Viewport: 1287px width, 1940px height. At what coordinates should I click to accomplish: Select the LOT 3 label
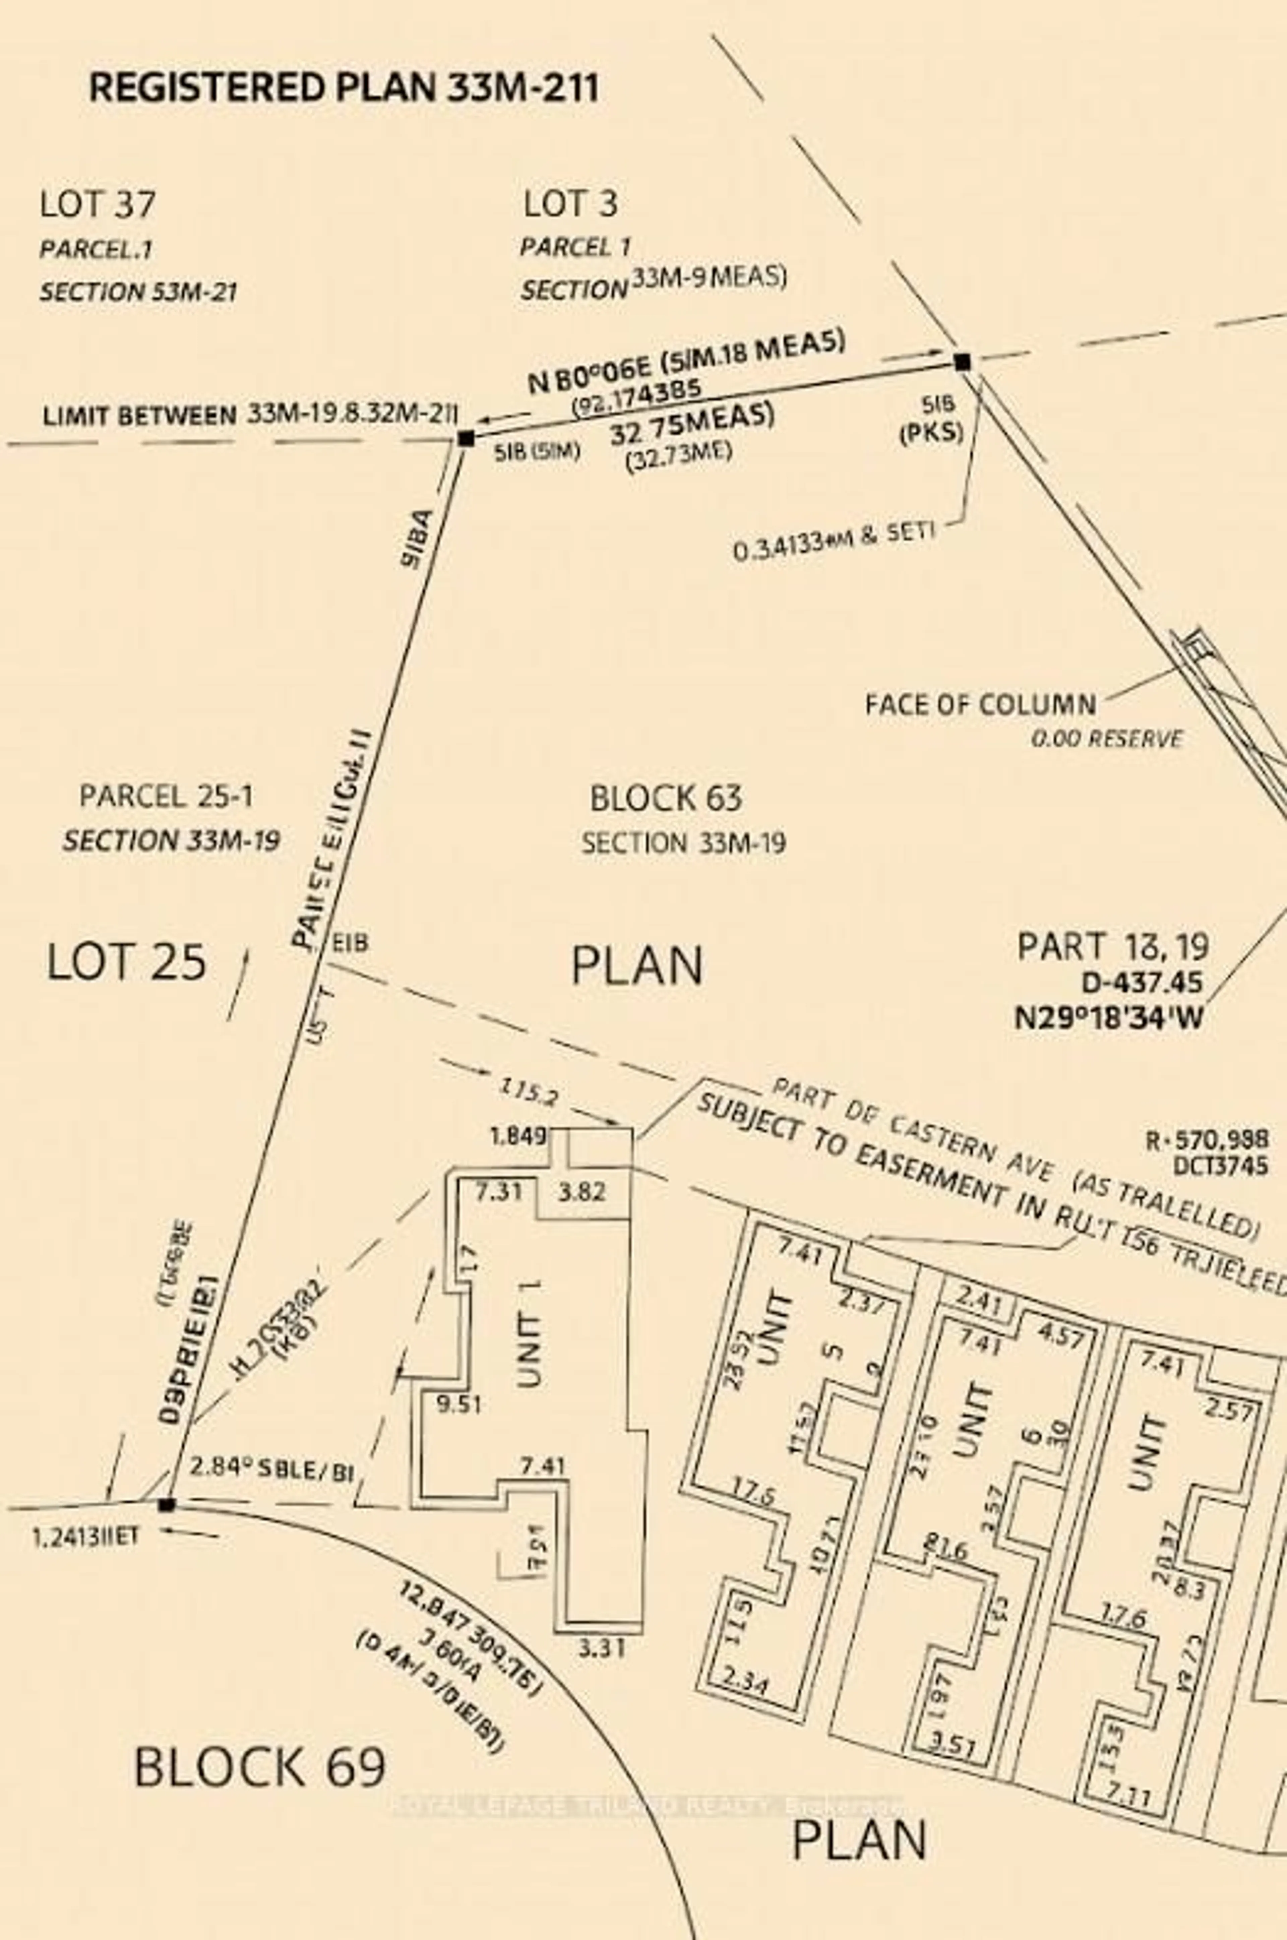pos(570,203)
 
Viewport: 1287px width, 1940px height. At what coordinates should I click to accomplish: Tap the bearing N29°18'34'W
pos(1109,1018)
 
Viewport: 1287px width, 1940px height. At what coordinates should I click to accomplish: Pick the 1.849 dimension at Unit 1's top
pos(518,1137)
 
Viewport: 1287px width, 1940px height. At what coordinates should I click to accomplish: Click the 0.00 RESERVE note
pos(1106,739)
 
